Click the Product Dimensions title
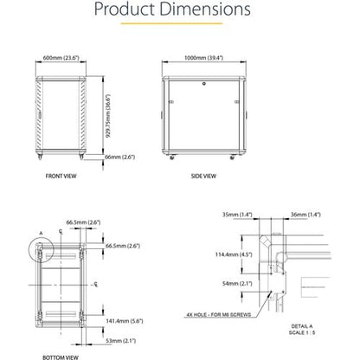click(x=179, y=12)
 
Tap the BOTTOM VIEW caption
click(x=59, y=356)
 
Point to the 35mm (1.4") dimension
click(x=235, y=213)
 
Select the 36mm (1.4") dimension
click(x=306, y=213)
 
